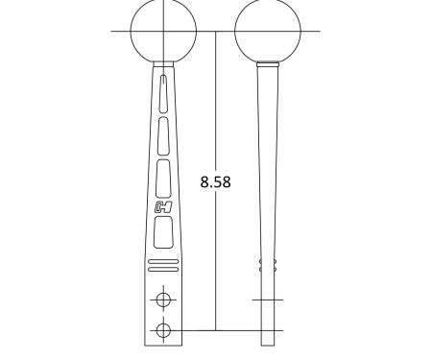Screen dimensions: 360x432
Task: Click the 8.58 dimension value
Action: coord(216,180)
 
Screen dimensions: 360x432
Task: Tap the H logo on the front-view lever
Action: coord(163,205)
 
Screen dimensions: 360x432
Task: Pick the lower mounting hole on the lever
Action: coord(163,330)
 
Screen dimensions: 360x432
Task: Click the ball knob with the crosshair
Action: coord(163,31)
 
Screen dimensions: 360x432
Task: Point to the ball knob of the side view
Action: coord(266,31)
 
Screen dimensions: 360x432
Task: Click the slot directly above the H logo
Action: coord(163,175)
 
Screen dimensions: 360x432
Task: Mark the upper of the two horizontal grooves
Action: coord(163,260)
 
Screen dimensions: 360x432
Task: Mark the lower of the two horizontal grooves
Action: coord(163,266)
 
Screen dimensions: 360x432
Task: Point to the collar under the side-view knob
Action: coord(266,64)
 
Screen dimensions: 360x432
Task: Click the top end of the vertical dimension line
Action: coord(216,33)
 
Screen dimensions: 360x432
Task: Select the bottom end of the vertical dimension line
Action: coord(216,329)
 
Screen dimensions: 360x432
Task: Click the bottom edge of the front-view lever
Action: coord(163,345)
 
